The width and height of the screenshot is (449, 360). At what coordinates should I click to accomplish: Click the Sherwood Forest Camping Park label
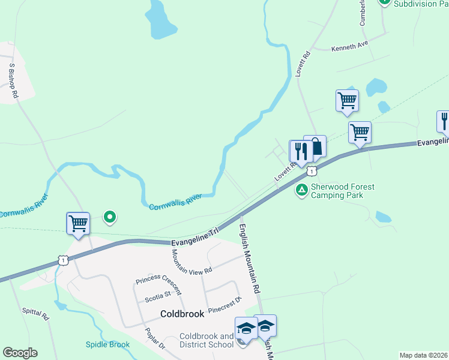tap(342, 191)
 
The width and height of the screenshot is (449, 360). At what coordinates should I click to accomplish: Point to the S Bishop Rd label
tap(13, 80)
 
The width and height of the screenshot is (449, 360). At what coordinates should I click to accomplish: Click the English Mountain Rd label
tap(249, 258)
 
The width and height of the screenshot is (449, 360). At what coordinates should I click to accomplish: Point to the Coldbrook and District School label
tap(206, 340)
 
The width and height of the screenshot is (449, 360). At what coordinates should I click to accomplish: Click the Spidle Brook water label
tap(107, 344)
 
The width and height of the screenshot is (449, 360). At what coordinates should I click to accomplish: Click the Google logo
tap(20, 353)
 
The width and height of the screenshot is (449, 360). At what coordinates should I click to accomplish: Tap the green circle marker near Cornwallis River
tap(109, 217)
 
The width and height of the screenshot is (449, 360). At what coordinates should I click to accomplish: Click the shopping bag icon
tap(316, 146)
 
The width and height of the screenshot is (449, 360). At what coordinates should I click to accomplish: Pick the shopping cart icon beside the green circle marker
tap(78, 223)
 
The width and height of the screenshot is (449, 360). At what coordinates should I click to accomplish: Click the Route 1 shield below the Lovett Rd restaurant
tap(311, 171)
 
